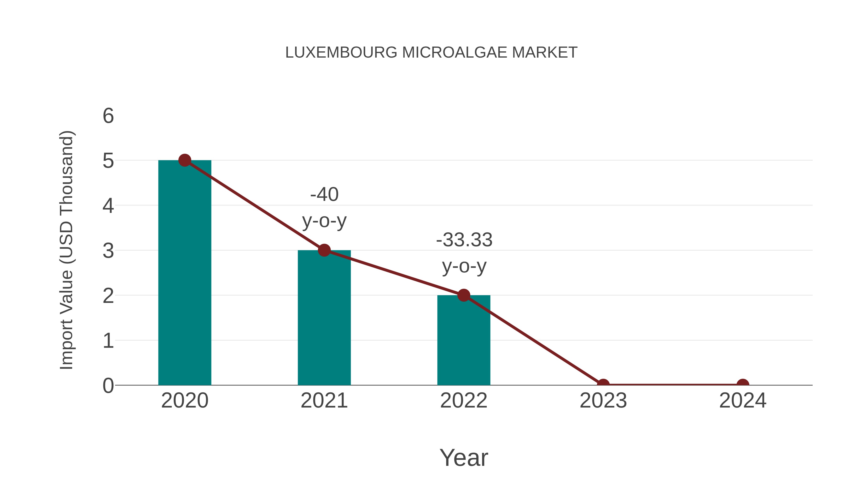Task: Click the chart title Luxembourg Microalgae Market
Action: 431,53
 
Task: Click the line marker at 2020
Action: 185,160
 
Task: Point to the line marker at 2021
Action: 324,250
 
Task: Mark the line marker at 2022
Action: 463,295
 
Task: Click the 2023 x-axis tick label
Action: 603,401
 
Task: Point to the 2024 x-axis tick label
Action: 742,401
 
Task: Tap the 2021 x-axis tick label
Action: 324,401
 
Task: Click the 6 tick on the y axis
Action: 108,116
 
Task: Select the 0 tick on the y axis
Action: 108,386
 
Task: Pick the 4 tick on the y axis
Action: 108,206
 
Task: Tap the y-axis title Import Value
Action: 66,250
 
